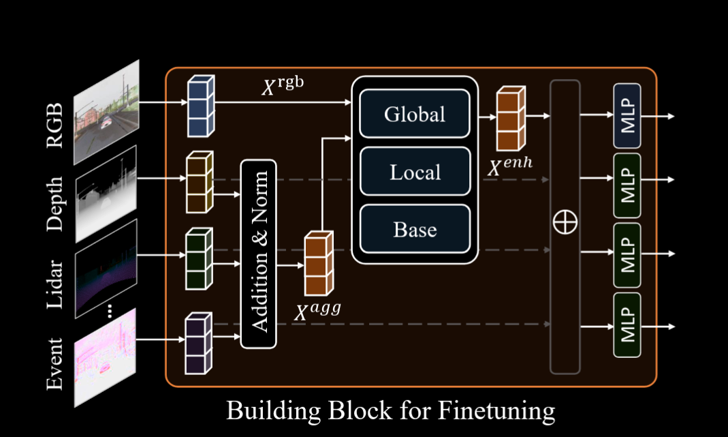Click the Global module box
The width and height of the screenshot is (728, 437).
coord(415,114)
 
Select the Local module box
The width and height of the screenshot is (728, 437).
coord(415,172)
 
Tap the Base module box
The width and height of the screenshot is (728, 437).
coord(415,229)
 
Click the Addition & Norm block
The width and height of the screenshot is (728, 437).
coord(259,253)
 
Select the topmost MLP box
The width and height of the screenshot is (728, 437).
coord(627,116)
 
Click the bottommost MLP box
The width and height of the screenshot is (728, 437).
coord(627,326)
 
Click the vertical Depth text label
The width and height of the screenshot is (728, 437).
coord(54,205)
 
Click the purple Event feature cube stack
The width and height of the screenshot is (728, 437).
coord(198,344)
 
